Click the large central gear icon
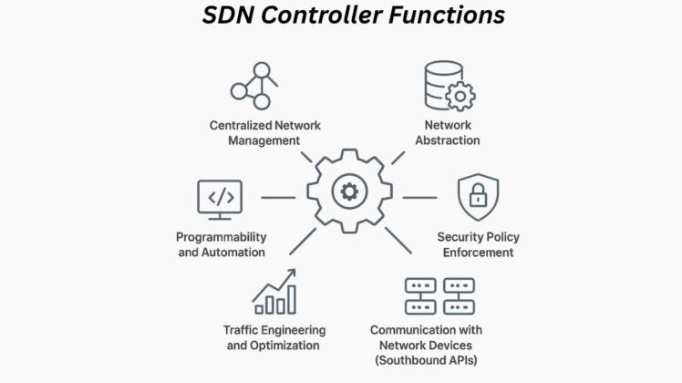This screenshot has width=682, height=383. pyautogui.click(x=347, y=192)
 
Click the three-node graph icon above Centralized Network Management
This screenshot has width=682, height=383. pyautogui.click(x=253, y=84)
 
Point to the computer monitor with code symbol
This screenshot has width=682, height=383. pyautogui.click(x=220, y=198)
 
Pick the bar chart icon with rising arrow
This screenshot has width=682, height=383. pyautogui.click(x=274, y=293)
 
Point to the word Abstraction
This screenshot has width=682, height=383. pyautogui.click(x=448, y=140)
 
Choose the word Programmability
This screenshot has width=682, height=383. pyautogui.click(x=222, y=236)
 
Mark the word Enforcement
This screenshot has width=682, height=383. pyautogui.click(x=479, y=252)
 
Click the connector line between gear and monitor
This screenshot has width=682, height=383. pyautogui.click(x=278, y=197)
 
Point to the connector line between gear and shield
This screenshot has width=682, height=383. pyautogui.click(x=419, y=196)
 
